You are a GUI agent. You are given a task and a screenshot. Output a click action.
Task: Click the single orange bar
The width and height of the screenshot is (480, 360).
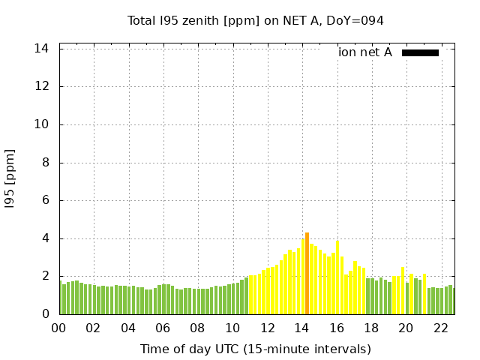(307, 273)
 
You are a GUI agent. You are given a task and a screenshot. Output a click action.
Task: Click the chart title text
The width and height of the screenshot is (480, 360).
(256, 21)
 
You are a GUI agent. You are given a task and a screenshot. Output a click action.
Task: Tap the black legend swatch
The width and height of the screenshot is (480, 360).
(420, 52)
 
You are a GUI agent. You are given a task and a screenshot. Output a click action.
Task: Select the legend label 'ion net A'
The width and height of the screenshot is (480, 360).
(365, 52)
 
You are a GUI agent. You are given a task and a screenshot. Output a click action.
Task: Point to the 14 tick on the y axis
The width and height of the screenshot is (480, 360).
(42, 49)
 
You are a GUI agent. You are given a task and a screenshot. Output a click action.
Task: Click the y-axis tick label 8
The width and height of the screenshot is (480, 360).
(46, 163)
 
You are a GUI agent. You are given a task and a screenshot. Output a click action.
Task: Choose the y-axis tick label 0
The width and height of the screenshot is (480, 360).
(46, 314)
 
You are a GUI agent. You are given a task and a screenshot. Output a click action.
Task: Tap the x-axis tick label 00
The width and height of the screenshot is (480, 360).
(59, 328)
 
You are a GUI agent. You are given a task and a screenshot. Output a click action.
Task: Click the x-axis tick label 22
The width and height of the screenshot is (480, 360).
(441, 328)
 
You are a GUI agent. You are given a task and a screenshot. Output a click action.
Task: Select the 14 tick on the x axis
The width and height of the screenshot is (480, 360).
(302, 328)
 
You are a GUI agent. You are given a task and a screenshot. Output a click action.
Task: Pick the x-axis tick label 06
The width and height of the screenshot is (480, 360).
(163, 328)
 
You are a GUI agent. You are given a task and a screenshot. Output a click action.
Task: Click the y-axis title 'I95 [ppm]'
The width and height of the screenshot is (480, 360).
(10, 181)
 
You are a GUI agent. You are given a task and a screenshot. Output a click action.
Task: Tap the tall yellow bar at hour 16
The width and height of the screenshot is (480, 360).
(337, 277)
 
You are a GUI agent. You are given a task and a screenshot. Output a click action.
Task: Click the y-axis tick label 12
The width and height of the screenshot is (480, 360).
(42, 86)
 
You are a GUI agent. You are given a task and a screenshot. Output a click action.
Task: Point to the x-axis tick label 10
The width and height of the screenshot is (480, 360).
(232, 328)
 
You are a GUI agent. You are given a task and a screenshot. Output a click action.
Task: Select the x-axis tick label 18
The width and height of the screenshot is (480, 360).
(371, 328)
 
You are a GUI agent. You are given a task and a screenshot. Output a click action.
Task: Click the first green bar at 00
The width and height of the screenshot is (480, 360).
(61, 298)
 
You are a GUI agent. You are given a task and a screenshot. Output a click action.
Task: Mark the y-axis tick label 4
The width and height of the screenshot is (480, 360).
(46, 238)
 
